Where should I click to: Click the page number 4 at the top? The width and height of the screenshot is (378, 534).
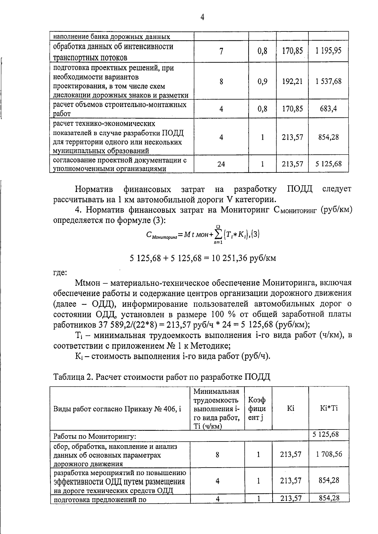click(x=202, y=17)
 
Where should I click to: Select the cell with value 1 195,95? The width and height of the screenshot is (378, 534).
click(x=328, y=51)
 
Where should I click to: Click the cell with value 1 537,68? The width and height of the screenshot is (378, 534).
click(x=328, y=82)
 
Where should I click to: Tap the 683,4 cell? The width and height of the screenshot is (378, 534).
click(x=328, y=109)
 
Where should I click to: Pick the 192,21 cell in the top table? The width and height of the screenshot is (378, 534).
click(x=292, y=82)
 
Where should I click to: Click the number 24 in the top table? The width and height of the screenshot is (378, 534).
click(x=221, y=164)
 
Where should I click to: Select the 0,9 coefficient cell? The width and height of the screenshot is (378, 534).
click(x=262, y=82)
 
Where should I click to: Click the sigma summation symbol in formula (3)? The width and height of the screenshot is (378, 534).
click(x=218, y=234)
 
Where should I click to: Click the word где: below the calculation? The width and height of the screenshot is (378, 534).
click(x=60, y=273)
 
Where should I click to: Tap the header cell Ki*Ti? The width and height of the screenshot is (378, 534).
click(x=329, y=408)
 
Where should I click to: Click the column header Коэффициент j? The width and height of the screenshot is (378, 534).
click(x=257, y=408)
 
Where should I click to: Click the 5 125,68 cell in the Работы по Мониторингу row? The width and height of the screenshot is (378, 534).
click(x=325, y=435)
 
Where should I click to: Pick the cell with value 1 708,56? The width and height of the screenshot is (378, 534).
click(x=329, y=454)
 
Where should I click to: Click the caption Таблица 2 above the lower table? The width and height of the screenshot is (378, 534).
click(x=162, y=377)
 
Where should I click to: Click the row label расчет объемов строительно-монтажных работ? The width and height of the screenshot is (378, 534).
click(x=120, y=109)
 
